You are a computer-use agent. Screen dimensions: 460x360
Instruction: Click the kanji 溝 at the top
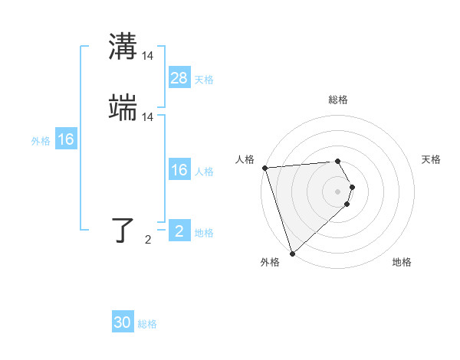123,47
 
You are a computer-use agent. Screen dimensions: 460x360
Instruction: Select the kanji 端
123,109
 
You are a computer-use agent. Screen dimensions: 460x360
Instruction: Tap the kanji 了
123,231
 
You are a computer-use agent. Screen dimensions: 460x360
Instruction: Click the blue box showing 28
179,78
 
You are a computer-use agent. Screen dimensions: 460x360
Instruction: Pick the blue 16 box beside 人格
179,170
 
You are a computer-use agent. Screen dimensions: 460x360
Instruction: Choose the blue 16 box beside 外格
66,139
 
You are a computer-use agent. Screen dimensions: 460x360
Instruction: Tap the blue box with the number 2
179,231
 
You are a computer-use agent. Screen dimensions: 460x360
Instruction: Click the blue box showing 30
123,322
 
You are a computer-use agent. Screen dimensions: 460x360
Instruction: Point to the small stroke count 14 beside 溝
148,55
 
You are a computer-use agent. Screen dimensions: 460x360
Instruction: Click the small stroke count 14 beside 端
148,117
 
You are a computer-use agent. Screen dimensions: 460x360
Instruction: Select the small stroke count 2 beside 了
148,240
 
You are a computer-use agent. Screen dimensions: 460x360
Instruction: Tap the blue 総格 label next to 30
147,324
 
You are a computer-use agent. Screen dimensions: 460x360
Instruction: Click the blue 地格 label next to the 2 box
204,233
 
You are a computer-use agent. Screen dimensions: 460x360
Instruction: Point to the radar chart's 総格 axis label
338,100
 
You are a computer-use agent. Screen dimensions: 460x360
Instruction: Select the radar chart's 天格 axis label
431,159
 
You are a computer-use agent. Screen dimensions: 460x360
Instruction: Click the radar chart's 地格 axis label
402,262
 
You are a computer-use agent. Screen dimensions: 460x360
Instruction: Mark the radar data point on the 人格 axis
264,168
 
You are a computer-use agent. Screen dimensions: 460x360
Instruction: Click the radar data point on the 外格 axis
292,253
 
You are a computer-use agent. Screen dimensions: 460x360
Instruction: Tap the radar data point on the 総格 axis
338,161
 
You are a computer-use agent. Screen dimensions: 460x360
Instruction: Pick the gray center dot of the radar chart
338,191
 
